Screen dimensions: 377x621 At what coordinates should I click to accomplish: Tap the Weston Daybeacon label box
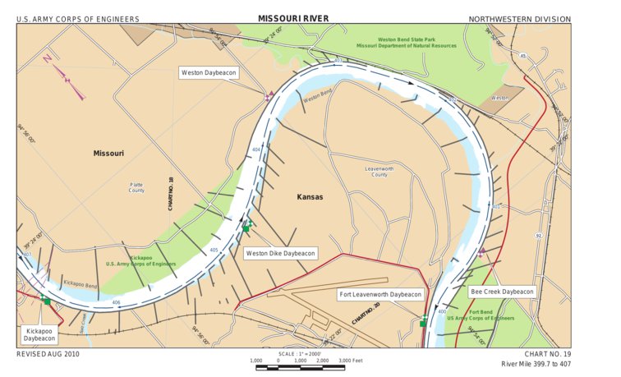click(209, 73)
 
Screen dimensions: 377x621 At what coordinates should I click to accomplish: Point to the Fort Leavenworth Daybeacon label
click(380, 294)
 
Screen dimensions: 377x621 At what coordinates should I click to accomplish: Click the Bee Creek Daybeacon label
click(501, 292)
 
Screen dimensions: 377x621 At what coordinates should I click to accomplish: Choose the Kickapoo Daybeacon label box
click(39, 333)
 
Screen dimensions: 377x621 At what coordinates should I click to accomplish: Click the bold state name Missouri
click(108, 154)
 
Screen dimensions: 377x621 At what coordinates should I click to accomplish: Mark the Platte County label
click(136, 187)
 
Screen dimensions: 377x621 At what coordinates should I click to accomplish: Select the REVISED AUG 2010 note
click(48, 354)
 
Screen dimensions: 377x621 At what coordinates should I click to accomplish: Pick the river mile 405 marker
click(214, 250)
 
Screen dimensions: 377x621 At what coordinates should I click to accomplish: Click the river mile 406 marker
click(116, 303)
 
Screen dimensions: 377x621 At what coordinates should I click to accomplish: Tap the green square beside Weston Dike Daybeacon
click(246, 228)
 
